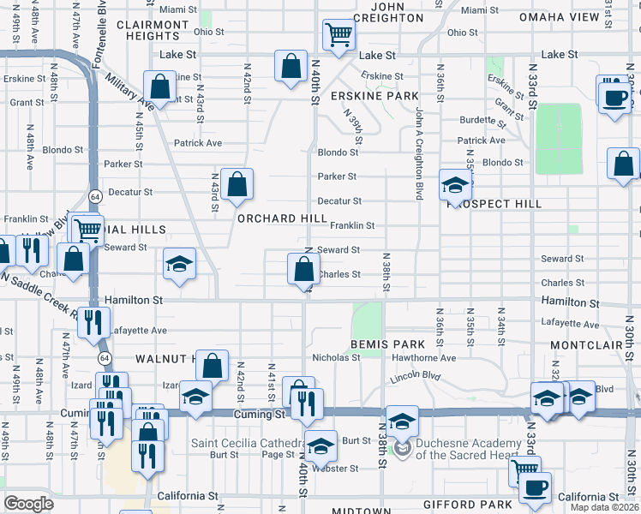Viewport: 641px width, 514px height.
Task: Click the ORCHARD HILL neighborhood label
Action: tap(282, 218)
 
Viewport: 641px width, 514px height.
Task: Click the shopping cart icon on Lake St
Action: tap(338, 35)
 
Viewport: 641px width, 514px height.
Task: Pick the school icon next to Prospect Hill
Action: tap(455, 184)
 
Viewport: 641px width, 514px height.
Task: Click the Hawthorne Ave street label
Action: tap(432, 358)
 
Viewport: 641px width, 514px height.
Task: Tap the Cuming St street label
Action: tap(260, 414)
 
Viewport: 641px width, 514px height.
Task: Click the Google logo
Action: tap(27, 504)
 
